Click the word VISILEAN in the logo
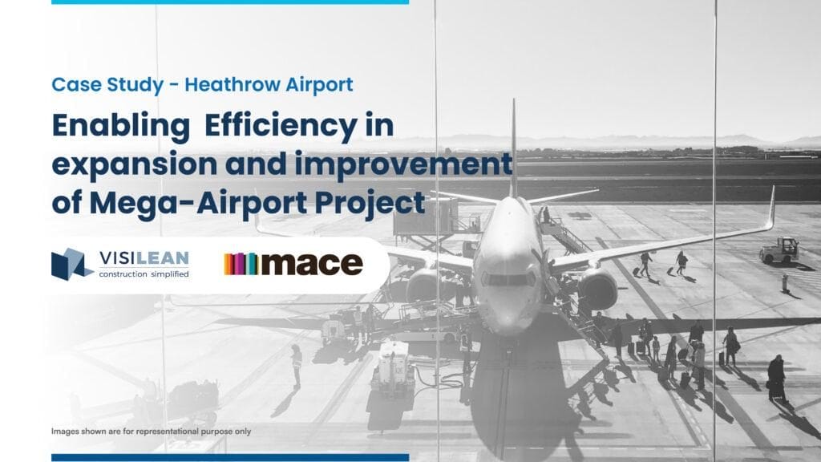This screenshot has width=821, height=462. [144, 258]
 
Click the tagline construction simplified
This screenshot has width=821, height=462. [144, 274]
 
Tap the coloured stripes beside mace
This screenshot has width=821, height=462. [241, 264]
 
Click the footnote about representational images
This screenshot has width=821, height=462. [151, 432]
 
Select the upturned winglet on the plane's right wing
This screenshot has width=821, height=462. [770, 208]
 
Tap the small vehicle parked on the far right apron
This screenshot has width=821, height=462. [779, 250]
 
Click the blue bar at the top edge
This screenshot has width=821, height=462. [229, 2]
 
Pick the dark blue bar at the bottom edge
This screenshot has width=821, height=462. [229, 457]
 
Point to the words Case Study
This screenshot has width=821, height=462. [108, 84]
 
